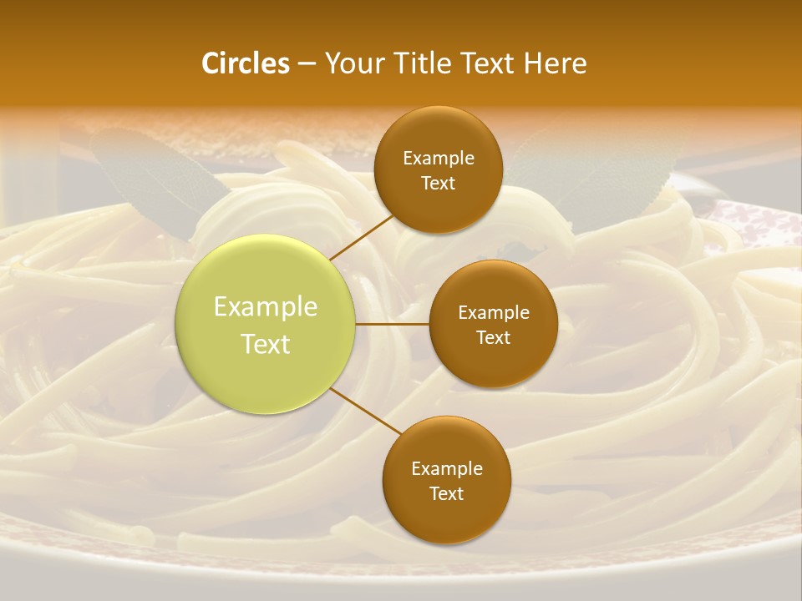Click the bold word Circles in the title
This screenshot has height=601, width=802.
[245, 63]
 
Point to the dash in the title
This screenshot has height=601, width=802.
[307, 64]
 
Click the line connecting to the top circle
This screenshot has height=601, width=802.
[362, 237]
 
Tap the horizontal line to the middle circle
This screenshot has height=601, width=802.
[392, 324]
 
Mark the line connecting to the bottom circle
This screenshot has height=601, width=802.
[365, 412]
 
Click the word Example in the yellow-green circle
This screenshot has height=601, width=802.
[266, 307]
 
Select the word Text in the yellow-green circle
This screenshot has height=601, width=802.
[266, 344]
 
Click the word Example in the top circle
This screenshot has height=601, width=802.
[439, 159]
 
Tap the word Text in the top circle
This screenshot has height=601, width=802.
[439, 184]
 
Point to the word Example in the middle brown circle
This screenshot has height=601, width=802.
[494, 313]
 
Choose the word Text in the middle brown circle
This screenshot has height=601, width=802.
[494, 338]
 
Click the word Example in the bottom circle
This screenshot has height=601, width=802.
[447, 469]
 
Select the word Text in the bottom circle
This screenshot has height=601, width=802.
[447, 494]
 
